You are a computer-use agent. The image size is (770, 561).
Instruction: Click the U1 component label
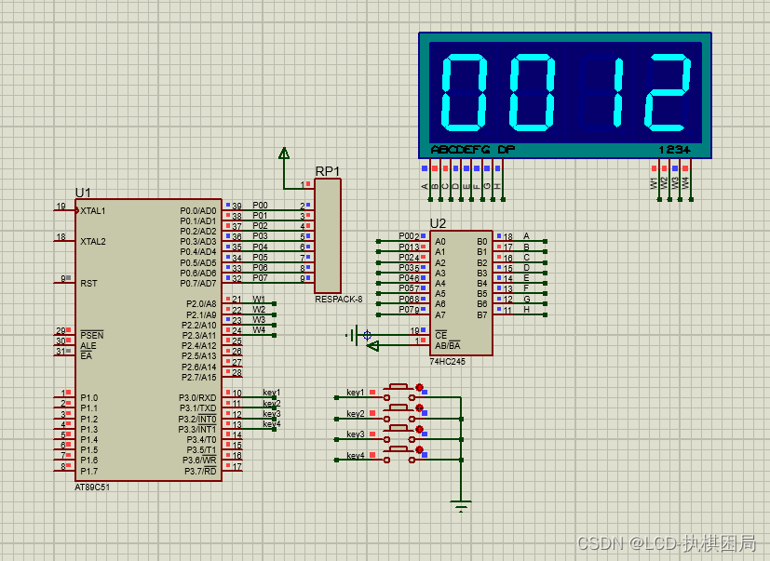(83, 193)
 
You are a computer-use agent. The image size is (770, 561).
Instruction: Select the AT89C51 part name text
(92, 487)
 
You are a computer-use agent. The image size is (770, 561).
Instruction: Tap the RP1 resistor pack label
(328, 171)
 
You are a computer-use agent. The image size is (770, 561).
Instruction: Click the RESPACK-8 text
(338, 300)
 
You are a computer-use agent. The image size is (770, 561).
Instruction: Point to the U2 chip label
(438, 223)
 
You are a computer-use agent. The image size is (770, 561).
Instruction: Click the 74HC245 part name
(447, 361)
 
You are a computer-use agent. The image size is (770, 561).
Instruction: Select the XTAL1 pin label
(93, 211)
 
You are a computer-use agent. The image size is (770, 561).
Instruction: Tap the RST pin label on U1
(88, 283)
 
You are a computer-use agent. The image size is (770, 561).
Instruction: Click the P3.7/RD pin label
(197, 472)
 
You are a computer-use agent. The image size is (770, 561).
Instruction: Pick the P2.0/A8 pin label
(201, 304)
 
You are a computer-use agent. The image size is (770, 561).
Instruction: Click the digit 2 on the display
(669, 92)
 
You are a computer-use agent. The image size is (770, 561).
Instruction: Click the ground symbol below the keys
(460, 506)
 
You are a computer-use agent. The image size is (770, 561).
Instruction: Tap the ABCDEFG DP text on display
(472, 150)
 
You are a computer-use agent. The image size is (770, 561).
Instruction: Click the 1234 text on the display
(674, 150)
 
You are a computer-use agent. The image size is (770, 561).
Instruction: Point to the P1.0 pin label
(88, 398)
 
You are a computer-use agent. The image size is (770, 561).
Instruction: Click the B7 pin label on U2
(482, 314)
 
